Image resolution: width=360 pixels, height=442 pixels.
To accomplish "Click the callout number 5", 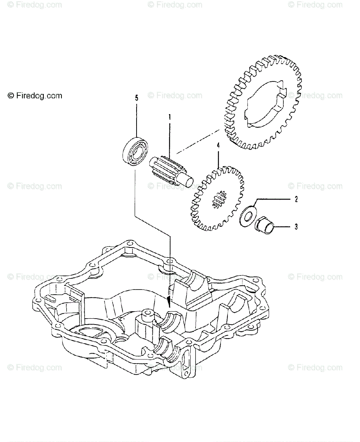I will pos(137,98).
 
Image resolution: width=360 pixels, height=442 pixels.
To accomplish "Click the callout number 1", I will pos(170,117).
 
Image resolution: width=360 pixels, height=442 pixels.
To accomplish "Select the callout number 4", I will pos(218,145).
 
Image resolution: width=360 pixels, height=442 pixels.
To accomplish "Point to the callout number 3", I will pos(296,227).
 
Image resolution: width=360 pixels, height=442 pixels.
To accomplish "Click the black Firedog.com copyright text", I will pos(35,96).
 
